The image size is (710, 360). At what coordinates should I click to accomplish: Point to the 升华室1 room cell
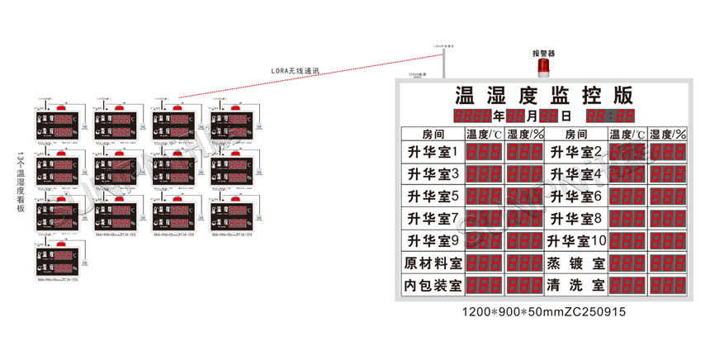click(432, 152)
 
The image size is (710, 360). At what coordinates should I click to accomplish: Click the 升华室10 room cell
click(575, 240)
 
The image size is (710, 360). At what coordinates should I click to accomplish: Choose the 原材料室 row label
click(432, 263)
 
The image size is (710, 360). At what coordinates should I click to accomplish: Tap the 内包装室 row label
click(432, 285)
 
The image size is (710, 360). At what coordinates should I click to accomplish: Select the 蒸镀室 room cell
click(575, 263)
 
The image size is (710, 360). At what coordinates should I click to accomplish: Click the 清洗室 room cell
click(575, 285)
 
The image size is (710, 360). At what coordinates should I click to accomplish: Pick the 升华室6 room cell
click(575, 197)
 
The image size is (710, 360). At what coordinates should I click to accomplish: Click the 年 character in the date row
click(499, 116)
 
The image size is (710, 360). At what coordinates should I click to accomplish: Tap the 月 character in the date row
click(532, 116)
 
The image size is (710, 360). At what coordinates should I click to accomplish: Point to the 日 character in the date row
click(566, 116)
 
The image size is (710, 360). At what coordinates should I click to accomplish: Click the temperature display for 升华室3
click(485, 174)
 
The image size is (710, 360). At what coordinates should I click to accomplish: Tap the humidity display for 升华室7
click(525, 218)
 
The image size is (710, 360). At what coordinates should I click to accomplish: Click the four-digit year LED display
click(473, 116)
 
